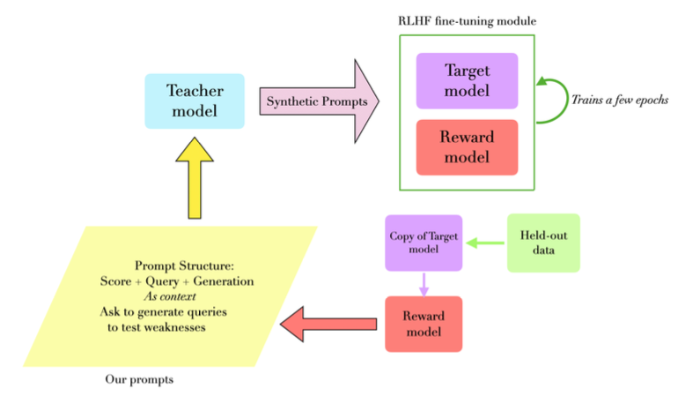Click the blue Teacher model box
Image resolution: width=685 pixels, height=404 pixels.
[x=195, y=101]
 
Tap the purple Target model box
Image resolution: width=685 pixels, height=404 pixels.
[x=467, y=80]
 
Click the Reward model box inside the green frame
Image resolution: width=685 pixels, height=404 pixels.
[x=467, y=147]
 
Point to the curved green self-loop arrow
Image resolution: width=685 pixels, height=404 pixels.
[x=550, y=101]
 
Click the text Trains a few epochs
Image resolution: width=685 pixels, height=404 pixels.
[x=619, y=101]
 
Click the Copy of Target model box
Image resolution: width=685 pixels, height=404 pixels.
[x=424, y=242]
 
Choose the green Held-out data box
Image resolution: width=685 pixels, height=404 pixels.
[x=543, y=242]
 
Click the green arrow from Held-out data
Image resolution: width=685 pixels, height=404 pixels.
[x=486, y=242]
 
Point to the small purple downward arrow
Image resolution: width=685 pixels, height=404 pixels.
[x=424, y=284]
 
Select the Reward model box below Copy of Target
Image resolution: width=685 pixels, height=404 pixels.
[x=424, y=324]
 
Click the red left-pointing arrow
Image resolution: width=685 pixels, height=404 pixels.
[x=329, y=324]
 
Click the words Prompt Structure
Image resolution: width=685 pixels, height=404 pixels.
[x=183, y=266]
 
